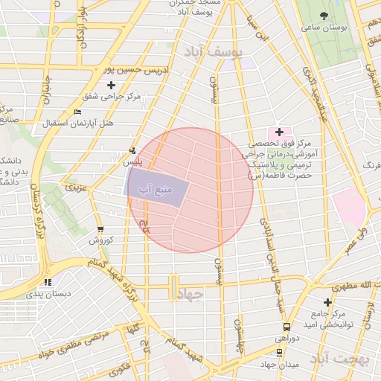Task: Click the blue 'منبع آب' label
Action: coord(155,190)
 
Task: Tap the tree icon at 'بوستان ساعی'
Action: coord(323,16)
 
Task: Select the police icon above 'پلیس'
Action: coord(132,150)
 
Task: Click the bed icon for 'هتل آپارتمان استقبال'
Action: coord(78,112)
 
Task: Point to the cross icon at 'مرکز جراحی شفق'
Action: coord(111,86)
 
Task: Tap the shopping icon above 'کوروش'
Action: coord(100,229)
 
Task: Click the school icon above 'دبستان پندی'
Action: coord(48,282)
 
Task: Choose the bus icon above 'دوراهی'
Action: coord(286,327)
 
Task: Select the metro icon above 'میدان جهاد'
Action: coord(278,353)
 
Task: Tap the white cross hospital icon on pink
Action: coord(279,132)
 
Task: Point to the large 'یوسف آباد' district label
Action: coord(211,51)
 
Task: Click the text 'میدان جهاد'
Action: coord(278,364)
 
